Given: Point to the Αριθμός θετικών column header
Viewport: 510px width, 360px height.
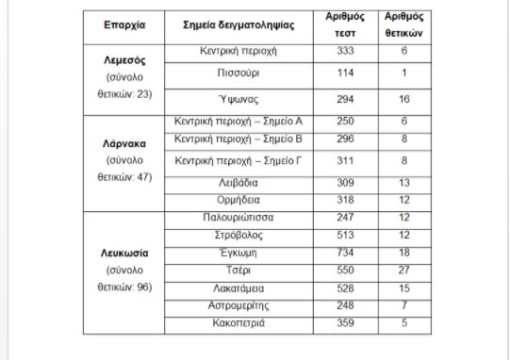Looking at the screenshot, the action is tap(403, 24).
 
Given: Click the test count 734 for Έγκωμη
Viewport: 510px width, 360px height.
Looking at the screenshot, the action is tap(345, 253).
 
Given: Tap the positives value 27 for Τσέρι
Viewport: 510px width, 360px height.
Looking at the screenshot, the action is tap(403, 270).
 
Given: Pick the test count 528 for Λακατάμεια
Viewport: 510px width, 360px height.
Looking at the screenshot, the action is tap(345, 287).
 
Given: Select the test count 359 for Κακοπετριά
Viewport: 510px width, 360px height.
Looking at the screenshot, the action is tap(345, 323).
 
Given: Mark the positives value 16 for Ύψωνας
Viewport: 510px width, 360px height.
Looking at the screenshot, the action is tap(403, 99).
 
